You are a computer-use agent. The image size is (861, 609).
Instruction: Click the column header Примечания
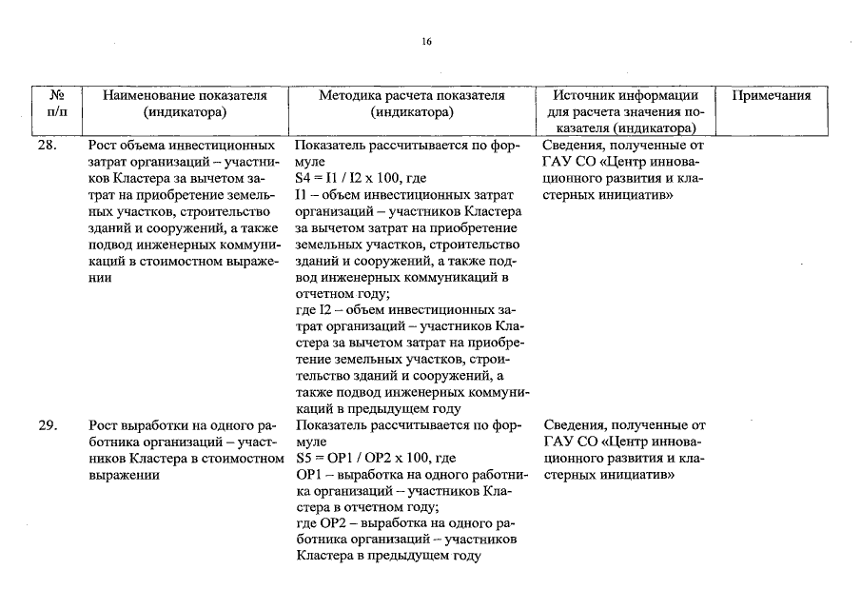coord(772,95)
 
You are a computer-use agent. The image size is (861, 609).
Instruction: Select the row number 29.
coord(49,425)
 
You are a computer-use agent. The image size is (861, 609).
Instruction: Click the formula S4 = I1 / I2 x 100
coord(362,178)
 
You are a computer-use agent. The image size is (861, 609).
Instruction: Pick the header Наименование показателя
coord(185,95)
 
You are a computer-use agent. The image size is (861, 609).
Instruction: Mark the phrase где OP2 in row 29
coord(324,522)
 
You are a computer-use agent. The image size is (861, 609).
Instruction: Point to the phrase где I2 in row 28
coord(314,310)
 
